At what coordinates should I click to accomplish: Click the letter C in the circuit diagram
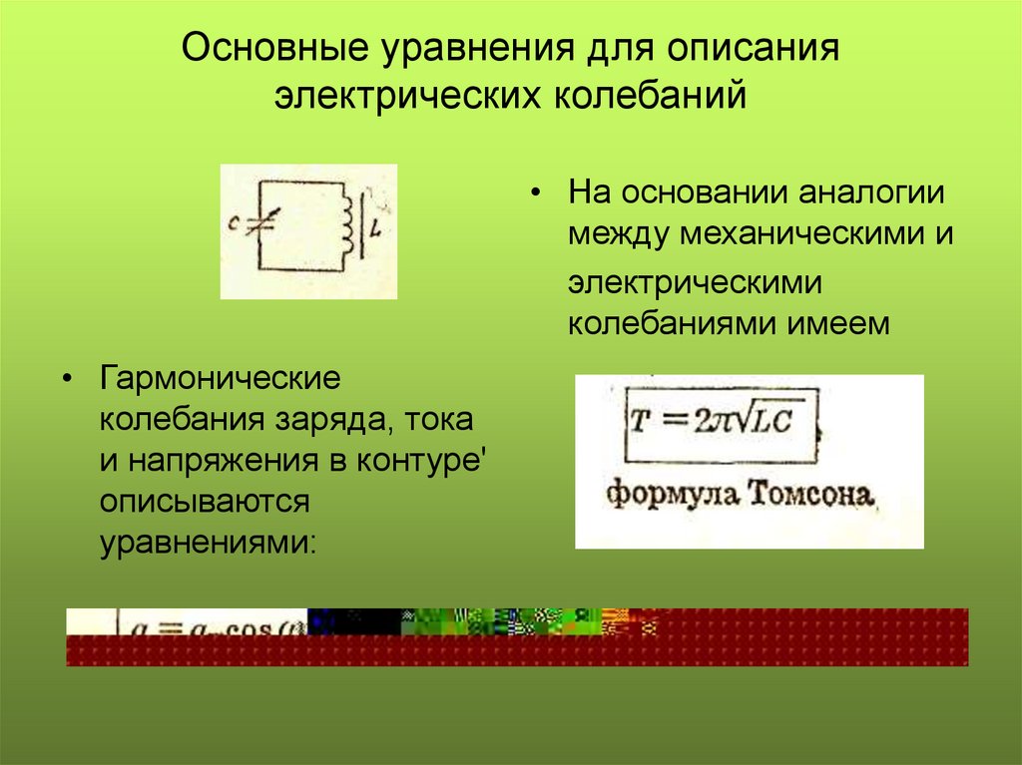pyautogui.click(x=232, y=225)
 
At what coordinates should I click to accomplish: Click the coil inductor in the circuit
pyautogui.click(x=348, y=222)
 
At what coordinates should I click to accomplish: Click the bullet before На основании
pyautogui.click(x=537, y=192)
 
